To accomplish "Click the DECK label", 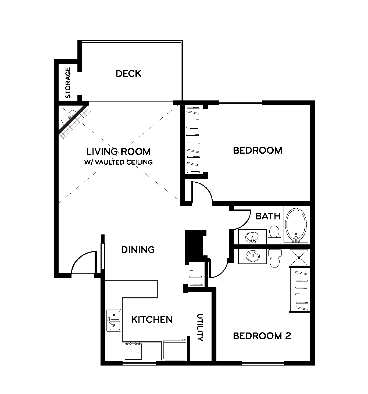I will coord(128,74).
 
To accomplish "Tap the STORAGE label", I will coord(68,83).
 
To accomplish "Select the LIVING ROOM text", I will coord(118,151).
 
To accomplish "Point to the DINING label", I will coord(138,250).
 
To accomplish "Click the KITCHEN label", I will coord(152,319).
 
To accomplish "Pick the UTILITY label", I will coord(200,327).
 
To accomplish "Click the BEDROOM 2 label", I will coord(262,336).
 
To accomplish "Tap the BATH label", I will coord(268,216).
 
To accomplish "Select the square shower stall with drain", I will coord(299,258).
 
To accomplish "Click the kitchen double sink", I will coord(114,320).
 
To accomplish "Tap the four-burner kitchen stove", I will coord(133,351).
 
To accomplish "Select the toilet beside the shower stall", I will coord(274,258).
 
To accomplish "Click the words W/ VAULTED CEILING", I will coord(118,162).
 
